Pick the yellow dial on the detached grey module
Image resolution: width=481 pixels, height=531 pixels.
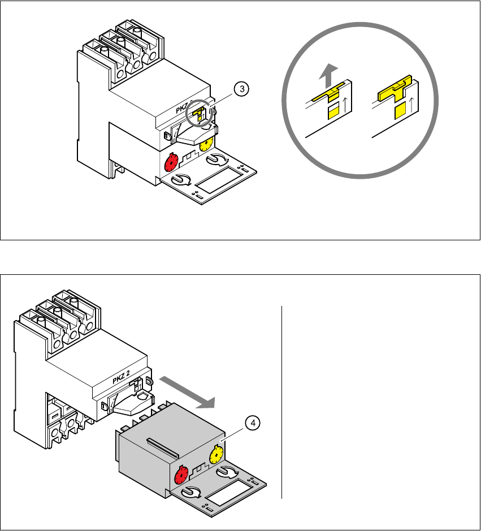pos(216,454)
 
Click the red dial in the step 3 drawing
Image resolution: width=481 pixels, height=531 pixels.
pos(171,163)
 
